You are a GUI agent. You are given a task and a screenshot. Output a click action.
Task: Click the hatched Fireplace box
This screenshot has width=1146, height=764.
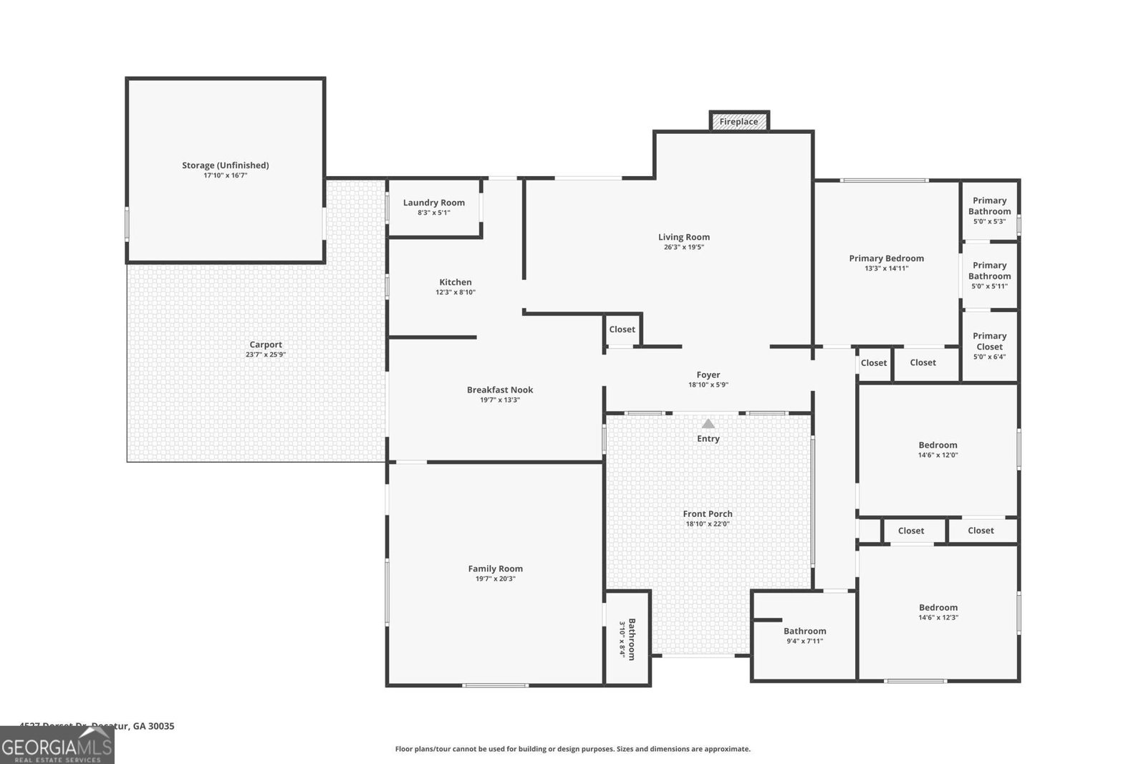[738, 122]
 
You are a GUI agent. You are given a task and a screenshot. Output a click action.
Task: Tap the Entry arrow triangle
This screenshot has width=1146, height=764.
[708, 424]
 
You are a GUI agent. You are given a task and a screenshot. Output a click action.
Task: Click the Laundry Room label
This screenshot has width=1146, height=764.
[433, 203]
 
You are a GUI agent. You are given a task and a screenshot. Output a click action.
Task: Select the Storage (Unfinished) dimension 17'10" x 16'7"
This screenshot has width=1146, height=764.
[225, 175]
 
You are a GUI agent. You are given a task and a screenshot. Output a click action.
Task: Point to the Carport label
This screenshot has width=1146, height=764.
[265, 344]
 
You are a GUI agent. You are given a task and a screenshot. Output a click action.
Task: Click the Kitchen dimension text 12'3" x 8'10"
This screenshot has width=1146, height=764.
[455, 292]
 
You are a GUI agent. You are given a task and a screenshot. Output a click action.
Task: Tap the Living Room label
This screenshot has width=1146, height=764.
[683, 237]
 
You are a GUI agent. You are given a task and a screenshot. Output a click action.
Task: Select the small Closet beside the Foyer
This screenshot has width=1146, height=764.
[622, 329]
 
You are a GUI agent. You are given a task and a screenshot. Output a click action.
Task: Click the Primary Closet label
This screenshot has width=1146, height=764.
[989, 341]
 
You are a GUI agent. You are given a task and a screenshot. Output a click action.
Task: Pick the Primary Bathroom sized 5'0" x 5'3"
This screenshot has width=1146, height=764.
[989, 211]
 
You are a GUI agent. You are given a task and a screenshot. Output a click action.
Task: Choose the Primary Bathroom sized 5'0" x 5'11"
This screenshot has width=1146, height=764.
[989, 275]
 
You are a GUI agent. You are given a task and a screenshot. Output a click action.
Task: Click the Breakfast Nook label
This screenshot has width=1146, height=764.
[499, 390]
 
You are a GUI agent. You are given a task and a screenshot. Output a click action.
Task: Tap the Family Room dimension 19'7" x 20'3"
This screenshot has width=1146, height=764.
[495, 579]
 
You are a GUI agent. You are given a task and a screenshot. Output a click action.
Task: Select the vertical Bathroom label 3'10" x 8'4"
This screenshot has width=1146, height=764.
[627, 639]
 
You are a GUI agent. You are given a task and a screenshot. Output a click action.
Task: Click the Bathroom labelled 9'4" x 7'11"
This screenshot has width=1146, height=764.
[804, 635]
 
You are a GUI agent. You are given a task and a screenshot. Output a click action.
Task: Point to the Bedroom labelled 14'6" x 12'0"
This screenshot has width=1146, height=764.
[938, 449]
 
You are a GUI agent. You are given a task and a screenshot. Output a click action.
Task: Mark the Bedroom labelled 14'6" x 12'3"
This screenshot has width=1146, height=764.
[938, 611]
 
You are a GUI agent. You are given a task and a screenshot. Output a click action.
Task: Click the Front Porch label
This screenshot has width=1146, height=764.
[707, 513]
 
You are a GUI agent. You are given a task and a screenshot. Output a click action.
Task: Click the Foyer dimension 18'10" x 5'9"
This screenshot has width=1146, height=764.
[708, 385]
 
